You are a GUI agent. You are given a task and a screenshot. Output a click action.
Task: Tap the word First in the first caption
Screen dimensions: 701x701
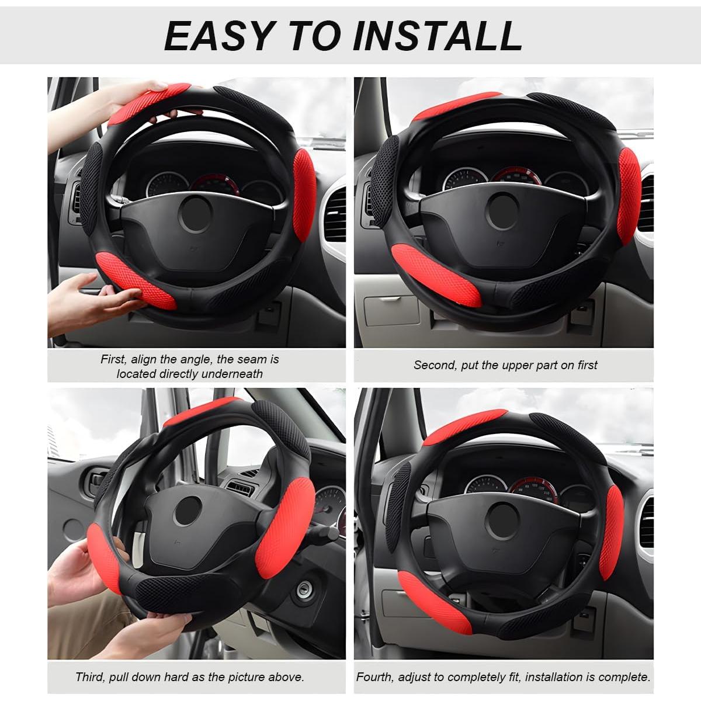coord(112,359)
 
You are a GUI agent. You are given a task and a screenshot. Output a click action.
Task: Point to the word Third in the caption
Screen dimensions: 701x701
coord(90,677)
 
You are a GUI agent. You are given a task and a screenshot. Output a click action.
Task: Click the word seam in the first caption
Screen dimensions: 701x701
coord(252,359)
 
